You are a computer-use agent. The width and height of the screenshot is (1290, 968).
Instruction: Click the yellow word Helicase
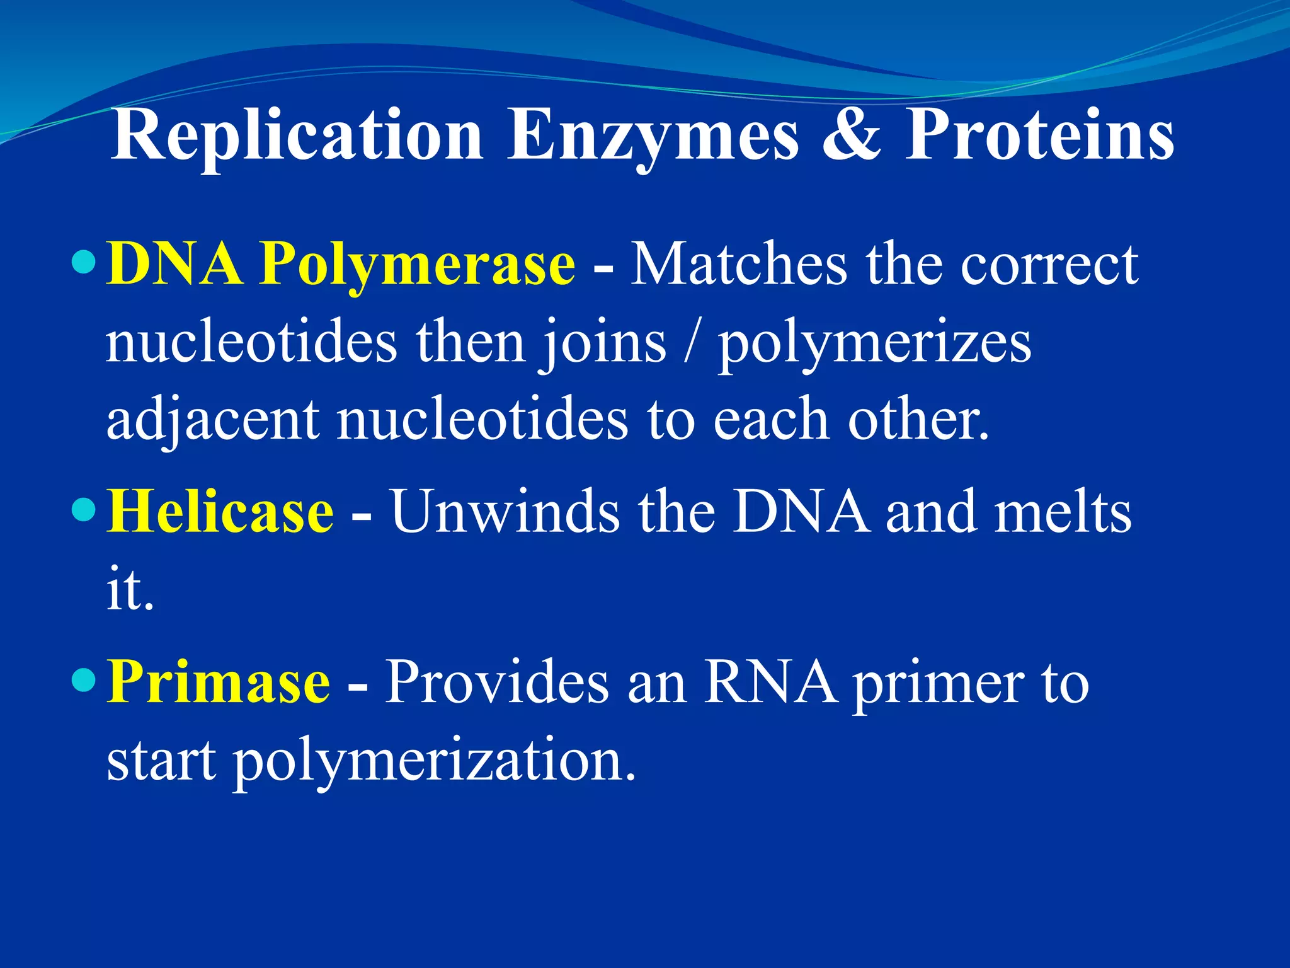[220, 511]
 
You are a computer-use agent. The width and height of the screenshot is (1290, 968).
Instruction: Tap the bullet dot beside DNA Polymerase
[84, 260]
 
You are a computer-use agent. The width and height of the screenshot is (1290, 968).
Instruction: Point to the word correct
[1049, 265]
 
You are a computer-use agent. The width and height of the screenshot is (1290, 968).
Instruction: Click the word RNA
[771, 682]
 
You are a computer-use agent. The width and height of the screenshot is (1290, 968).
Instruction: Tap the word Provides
[497, 682]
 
